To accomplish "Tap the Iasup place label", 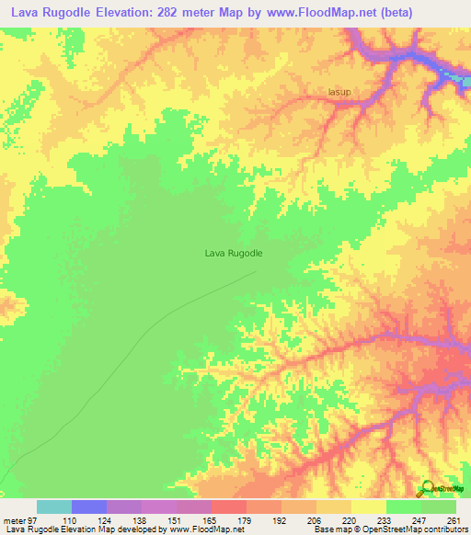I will pyautogui.click(x=340, y=92).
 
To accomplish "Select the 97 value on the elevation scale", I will pyautogui.click(x=35, y=519).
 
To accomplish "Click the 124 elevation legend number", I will pyautogui.click(x=107, y=519).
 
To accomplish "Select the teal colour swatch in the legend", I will pyautogui.click(x=54, y=507).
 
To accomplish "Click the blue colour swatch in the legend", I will pyautogui.click(x=89, y=507).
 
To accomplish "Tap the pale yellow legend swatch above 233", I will pyautogui.click(x=369, y=507).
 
